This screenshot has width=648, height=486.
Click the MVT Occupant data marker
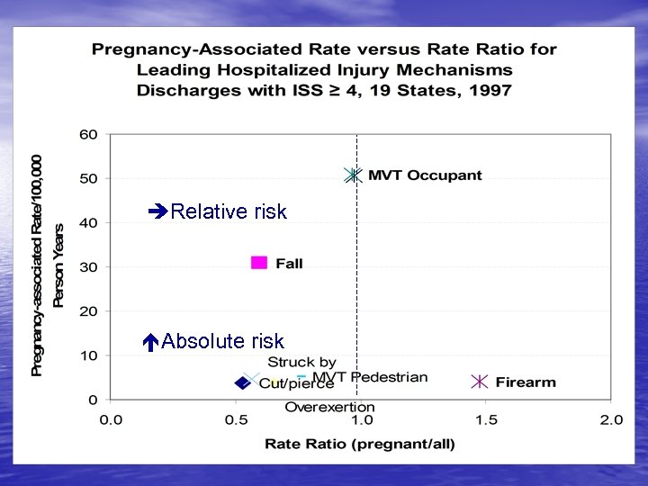353,175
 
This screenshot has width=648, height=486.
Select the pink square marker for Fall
259,263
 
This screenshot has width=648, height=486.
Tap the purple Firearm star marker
481,382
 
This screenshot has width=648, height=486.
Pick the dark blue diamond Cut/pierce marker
242,382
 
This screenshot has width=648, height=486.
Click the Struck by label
301,362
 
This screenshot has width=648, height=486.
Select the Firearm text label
526,382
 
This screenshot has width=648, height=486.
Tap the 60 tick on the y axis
87,134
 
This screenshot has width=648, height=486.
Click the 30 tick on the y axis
87,267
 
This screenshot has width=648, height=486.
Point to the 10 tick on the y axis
87,355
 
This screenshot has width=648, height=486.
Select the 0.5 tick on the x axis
236,419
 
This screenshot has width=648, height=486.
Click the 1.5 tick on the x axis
486,419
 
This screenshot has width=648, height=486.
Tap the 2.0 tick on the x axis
611,419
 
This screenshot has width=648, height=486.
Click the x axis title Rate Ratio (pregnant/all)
360,443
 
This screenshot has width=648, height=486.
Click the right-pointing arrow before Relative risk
157,212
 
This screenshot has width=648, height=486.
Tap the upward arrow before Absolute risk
151,342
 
